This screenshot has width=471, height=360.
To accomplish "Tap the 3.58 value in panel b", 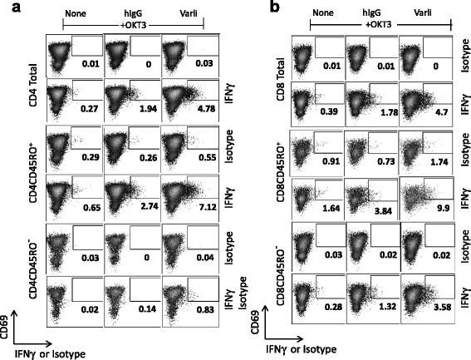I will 441,319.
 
